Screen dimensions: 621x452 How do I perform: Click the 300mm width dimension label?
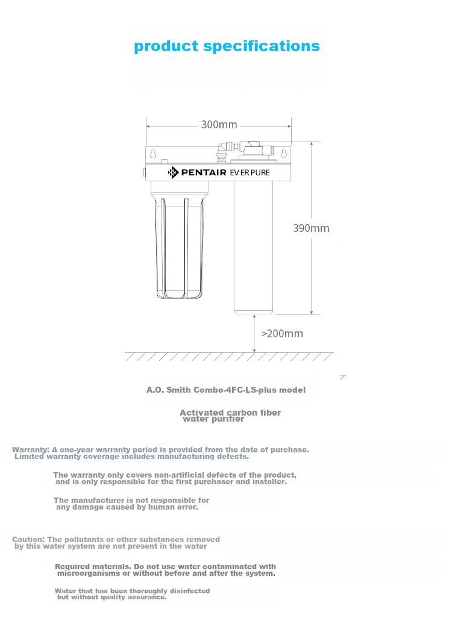click(219, 125)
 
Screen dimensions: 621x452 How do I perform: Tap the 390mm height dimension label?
click(311, 228)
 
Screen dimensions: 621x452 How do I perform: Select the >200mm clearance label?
click(282, 334)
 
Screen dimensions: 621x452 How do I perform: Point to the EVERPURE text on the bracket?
click(250, 173)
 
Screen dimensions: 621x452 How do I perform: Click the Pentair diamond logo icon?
click(174, 173)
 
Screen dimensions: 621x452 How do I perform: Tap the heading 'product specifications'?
click(227, 46)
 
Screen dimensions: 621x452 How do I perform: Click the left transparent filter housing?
click(178, 247)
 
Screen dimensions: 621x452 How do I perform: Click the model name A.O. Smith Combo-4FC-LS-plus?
click(226, 390)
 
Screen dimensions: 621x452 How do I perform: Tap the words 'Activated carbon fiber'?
click(230, 413)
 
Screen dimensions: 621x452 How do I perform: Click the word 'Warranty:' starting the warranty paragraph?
click(30, 449)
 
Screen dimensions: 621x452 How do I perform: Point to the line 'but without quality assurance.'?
click(112, 598)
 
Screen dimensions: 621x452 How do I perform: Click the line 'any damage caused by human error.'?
click(127, 507)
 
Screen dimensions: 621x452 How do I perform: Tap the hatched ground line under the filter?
click(229, 357)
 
